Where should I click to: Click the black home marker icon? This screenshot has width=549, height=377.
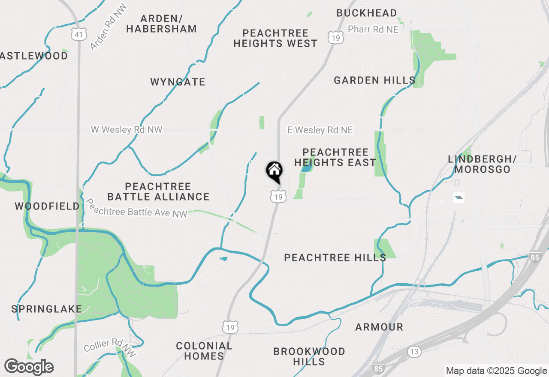[274, 172]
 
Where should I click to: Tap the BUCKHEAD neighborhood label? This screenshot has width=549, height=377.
[367, 13]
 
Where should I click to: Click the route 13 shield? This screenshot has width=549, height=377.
[414, 352]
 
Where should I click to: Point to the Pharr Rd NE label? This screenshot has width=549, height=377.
[373, 29]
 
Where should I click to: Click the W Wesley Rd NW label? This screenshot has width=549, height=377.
[127, 129]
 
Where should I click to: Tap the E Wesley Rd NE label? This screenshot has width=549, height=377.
[320, 130]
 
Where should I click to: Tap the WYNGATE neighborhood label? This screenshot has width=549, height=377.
[178, 82]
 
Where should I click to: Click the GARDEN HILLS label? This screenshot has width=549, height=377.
[374, 80]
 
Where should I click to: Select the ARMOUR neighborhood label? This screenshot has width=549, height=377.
[379, 327]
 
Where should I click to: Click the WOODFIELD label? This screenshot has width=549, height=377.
[47, 206]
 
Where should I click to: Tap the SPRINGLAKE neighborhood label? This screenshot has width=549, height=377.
[47, 309]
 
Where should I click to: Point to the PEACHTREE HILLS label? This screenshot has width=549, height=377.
[335, 257]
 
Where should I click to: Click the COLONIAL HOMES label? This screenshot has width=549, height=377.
[204, 351]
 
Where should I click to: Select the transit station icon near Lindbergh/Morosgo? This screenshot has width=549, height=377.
[459, 197]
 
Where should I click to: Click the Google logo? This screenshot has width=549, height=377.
[29, 367]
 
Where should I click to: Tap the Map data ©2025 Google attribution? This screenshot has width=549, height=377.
[496, 371]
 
